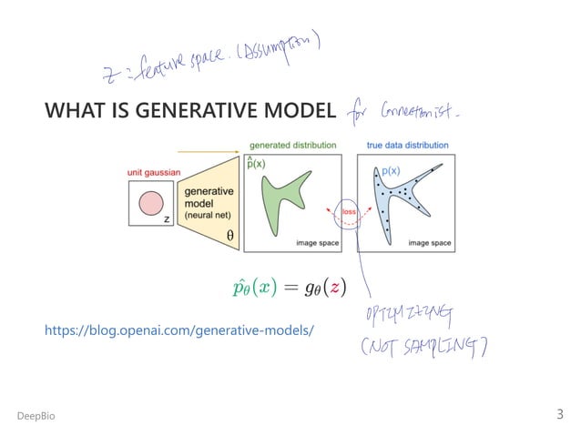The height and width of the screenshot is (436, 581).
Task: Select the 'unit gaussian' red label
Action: click(x=152, y=173)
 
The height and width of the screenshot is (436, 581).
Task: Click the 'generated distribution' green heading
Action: click(x=292, y=145)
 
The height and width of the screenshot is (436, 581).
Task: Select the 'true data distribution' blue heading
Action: click(x=407, y=145)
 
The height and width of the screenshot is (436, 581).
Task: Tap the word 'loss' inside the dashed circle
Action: click(x=349, y=212)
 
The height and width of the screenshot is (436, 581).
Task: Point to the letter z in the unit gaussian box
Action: click(x=166, y=218)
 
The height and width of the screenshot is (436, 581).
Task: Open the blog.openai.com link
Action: click(x=178, y=330)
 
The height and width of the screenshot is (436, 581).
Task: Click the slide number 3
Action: click(x=560, y=414)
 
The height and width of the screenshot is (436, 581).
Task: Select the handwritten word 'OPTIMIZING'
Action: click(x=395, y=316)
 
